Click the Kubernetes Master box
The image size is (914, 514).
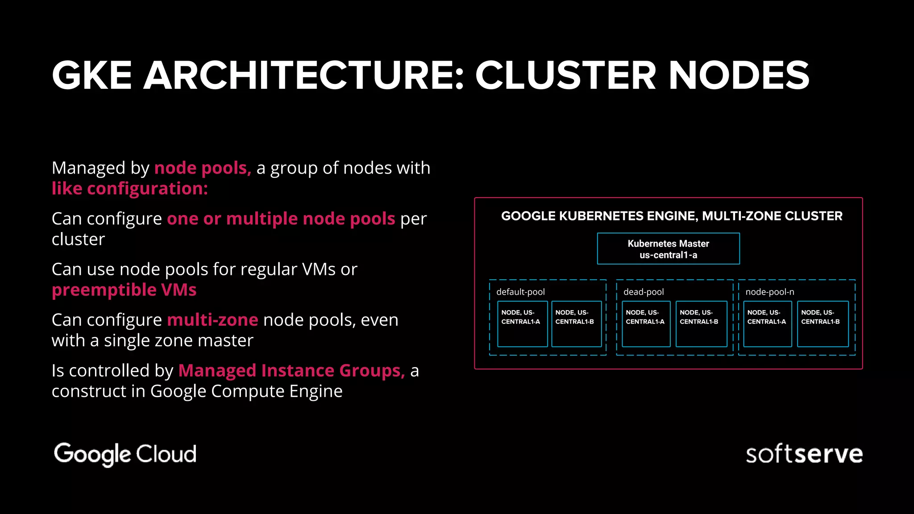(668, 249)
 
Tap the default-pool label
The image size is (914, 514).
(520, 292)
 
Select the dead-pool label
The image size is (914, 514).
(643, 292)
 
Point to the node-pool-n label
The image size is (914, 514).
(769, 292)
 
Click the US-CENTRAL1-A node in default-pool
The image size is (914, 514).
(522, 324)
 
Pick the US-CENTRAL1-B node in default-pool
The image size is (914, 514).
(576, 324)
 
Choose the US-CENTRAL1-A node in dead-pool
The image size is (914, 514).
(646, 324)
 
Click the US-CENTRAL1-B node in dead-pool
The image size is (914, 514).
(701, 324)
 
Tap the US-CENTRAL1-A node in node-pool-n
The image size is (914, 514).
(767, 324)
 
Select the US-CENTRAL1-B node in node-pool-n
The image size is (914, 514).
(822, 324)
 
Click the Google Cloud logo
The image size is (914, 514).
(125, 454)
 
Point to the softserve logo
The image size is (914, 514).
(804, 454)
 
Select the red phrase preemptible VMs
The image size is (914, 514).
(124, 290)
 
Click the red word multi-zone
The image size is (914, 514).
(212, 320)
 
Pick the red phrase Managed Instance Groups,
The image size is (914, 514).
(291, 371)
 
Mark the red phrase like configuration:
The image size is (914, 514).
(129, 189)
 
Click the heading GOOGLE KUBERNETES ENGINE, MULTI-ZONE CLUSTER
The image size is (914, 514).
(671, 216)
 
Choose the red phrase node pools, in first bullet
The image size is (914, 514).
(203, 168)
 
